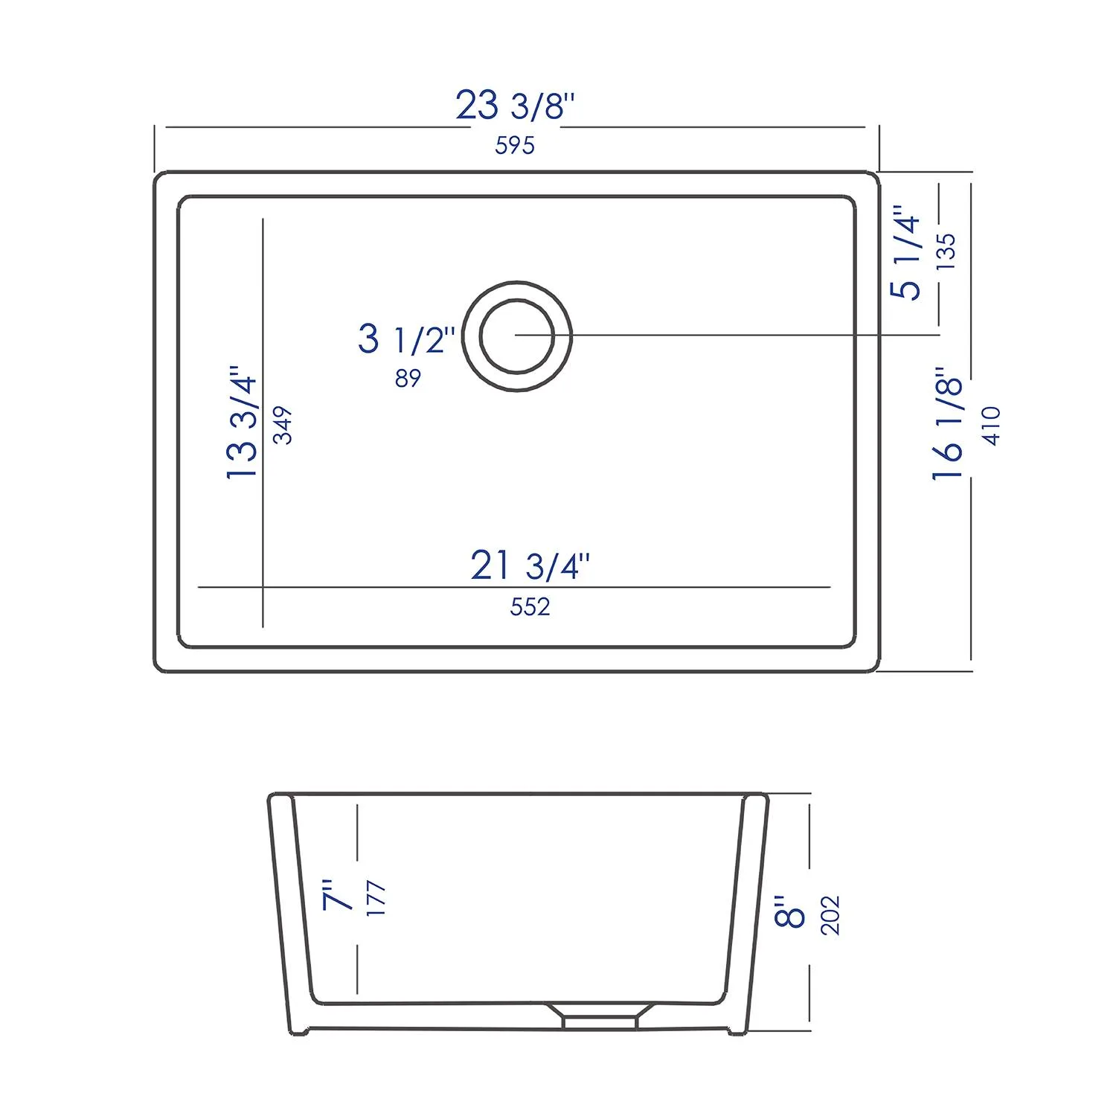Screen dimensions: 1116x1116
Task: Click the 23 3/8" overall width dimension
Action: pos(515,106)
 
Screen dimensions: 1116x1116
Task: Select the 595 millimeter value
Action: pos(515,145)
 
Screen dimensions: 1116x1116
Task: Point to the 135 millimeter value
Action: pos(945,251)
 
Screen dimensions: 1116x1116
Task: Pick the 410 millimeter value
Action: pos(992,426)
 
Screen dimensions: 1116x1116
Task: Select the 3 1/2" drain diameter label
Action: pos(406,339)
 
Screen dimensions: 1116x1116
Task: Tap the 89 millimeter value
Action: pos(408,379)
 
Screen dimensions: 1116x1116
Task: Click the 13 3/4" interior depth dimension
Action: pos(243,423)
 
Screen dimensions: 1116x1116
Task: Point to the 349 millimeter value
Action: pos(283,426)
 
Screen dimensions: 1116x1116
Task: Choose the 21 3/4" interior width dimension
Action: pos(530,566)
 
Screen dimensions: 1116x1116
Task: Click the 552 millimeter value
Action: pos(530,607)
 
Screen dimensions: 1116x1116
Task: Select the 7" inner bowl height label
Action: pos(336,895)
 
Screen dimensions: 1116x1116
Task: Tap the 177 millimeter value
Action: pos(376,898)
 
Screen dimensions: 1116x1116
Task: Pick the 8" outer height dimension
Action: pos(789,911)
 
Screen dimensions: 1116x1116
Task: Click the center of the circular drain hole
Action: pos(517,336)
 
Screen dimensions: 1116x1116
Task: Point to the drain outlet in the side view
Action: pos(600,1016)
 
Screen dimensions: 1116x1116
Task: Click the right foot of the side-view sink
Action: pos(737,1031)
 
